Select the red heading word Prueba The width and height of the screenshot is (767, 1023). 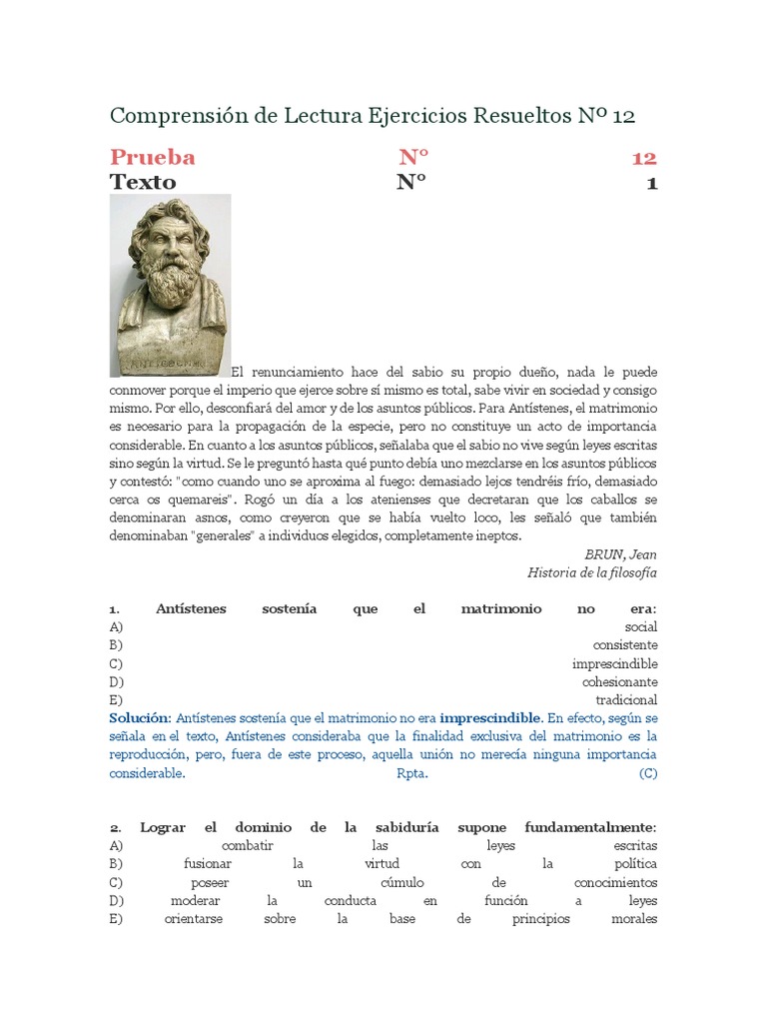pyautogui.click(x=152, y=157)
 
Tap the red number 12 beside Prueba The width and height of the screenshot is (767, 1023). pyautogui.click(x=643, y=157)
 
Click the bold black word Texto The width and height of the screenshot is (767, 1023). pyautogui.click(x=142, y=182)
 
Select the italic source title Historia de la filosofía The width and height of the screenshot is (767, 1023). pyautogui.click(x=591, y=572)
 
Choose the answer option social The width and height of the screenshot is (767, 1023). pyautogui.click(x=640, y=626)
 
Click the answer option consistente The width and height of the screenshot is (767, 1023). pyautogui.click(x=624, y=644)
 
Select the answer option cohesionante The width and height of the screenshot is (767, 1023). pyautogui.click(x=619, y=681)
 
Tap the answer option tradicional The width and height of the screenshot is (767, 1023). pyautogui.click(x=626, y=699)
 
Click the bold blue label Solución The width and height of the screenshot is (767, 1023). pyautogui.click(x=140, y=718)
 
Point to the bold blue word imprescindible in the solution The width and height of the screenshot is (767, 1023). pyautogui.click(x=491, y=718)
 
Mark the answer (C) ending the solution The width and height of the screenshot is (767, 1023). pyautogui.click(x=648, y=773)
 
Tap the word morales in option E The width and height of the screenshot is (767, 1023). pyautogui.click(x=633, y=919)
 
